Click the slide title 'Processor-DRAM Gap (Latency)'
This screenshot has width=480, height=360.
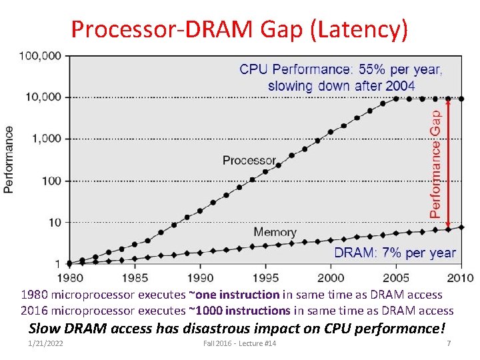point(239,29)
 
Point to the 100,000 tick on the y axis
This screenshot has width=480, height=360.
point(41,55)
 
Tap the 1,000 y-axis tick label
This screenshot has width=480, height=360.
point(47,139)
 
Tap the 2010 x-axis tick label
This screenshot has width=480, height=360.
point(460,277)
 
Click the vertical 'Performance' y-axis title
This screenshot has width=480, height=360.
point(9,160)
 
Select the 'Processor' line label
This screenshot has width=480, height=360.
point(249,160)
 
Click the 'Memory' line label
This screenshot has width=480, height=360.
point(275,232)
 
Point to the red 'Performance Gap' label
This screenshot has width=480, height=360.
point(435,164)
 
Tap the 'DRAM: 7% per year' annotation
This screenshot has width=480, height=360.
point(395,253)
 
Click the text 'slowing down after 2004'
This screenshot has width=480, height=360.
point(341,86)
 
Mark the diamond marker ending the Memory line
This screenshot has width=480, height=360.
point(461,227)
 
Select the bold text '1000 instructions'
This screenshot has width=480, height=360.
point(249,310)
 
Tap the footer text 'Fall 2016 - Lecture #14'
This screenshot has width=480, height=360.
point(239,343)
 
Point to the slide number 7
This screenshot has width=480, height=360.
point(449,343)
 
